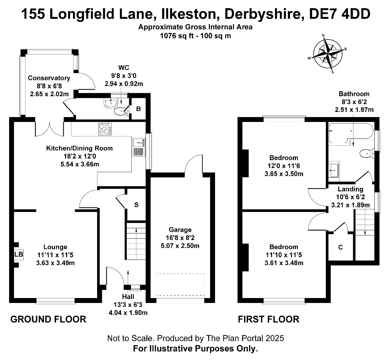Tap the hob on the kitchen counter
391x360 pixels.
point(105,129)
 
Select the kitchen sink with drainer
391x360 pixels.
point(138,147)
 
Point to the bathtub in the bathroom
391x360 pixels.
point(351,134)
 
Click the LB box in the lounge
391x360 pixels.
point(19,254)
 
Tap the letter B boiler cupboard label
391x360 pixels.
point(138,109)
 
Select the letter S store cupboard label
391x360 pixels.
point(136,205)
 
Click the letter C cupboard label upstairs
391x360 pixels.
point(340,247)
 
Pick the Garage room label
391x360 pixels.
point(180,230)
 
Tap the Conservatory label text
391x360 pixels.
point(49,78)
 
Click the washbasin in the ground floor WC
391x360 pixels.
point(110,103)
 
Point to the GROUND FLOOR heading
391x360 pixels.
point(48,320)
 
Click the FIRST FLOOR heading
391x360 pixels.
point(268,320)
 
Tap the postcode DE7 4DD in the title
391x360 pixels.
point(340,14)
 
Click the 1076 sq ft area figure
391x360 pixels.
point(177,36)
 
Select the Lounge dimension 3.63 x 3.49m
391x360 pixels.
point(55,263)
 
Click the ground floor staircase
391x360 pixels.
point(136,241)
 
